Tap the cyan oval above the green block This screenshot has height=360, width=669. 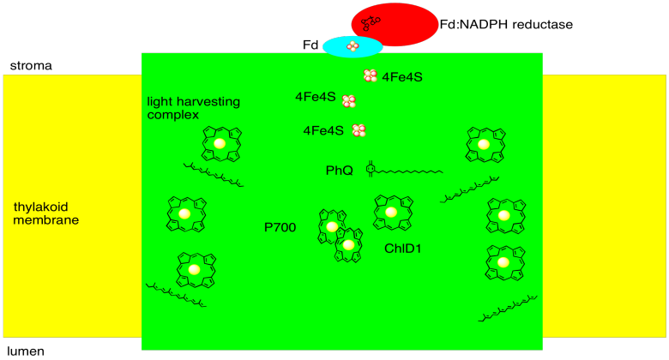coord(352,46)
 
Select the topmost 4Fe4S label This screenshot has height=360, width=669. coord(402,77)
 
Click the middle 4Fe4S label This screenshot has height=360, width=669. coord(315,98)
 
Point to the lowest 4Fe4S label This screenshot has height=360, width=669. coord(323,130)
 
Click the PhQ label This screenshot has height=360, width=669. coord(339,171)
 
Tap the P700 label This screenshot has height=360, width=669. coord(280,227)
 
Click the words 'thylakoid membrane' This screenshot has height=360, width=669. coord(46,213)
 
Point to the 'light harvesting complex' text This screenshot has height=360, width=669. coord(194,108)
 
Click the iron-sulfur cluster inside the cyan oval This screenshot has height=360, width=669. coord(352,45)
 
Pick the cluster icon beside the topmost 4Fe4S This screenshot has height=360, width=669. coord(371,76)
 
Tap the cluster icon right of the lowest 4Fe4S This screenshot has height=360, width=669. coord(359,130)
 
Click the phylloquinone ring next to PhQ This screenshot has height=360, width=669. coord(371,169)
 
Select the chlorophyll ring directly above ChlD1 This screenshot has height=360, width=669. coord(391,212)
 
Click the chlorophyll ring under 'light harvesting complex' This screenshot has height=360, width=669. coord(220,143)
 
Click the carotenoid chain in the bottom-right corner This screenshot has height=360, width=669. coord(508,309)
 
